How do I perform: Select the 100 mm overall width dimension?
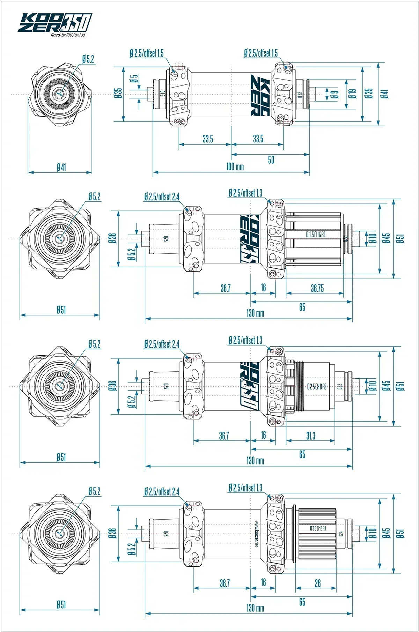pos(235,166)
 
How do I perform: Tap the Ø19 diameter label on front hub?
pos(353,94)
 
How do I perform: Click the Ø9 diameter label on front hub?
pos(335,94)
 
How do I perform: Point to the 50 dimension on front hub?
pos(271,160)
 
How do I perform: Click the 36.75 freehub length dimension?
pos(317,288)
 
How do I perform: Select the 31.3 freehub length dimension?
pos(311,436)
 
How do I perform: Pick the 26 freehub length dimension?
pos(317,583)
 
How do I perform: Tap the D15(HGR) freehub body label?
pos(316,235)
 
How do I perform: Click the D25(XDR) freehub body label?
pos(317,386)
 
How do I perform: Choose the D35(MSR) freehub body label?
pos(318,528)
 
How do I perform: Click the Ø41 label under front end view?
pos(61,167)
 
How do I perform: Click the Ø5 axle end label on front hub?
pos(134,79)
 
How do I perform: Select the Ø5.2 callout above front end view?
pos(88,59)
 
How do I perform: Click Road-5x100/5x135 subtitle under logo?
pos(68,35)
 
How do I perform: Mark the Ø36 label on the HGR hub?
pos(112,238)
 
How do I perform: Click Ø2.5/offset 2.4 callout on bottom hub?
pos(162,492)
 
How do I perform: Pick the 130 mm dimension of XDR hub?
pos(255,460)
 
